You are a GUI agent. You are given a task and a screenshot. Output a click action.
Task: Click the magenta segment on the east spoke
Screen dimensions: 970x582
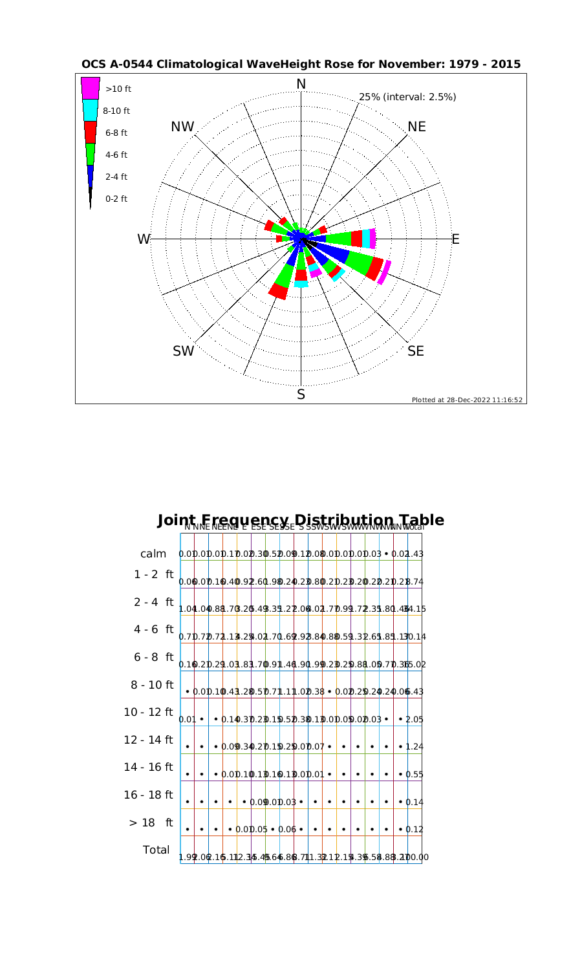[372, 239]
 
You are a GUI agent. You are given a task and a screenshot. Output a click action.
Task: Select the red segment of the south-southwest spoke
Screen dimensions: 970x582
[279, 291]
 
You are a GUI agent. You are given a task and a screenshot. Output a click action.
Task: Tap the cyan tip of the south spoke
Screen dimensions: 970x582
[301, 284]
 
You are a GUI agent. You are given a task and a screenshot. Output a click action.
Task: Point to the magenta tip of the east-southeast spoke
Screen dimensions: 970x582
[384, 272]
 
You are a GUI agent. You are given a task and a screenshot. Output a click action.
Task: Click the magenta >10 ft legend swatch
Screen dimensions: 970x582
[90, 88]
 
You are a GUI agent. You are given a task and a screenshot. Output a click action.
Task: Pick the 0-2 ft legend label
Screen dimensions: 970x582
[116, 199]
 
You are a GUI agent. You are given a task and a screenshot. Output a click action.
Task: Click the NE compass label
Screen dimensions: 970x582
[417, 127]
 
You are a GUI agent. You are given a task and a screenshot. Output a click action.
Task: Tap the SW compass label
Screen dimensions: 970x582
[183, 351]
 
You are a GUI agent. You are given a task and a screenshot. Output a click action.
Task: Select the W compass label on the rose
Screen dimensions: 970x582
[143, 239]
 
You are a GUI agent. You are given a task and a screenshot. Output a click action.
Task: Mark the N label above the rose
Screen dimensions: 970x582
[301, 84]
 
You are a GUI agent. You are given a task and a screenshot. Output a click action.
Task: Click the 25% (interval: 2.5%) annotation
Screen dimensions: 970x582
[407, 97]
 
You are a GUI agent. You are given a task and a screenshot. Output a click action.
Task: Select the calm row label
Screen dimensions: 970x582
[154, 554]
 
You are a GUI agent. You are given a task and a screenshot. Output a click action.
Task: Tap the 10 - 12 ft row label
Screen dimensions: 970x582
[149, 712]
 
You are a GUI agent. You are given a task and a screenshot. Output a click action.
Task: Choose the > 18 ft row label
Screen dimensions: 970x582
[151, 823]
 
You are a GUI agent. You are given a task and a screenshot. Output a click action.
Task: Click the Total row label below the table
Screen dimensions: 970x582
[155, 850]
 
